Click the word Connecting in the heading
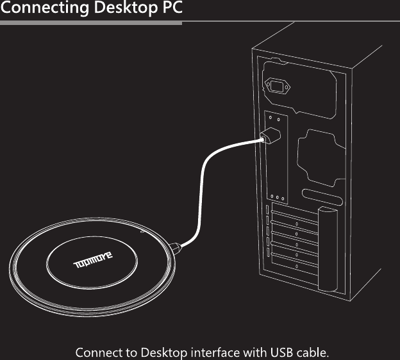point(42,9)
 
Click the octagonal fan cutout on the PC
point(318,156)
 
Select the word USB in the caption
point(280,352)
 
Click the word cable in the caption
point(313,352)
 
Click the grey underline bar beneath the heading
point(90,23)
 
